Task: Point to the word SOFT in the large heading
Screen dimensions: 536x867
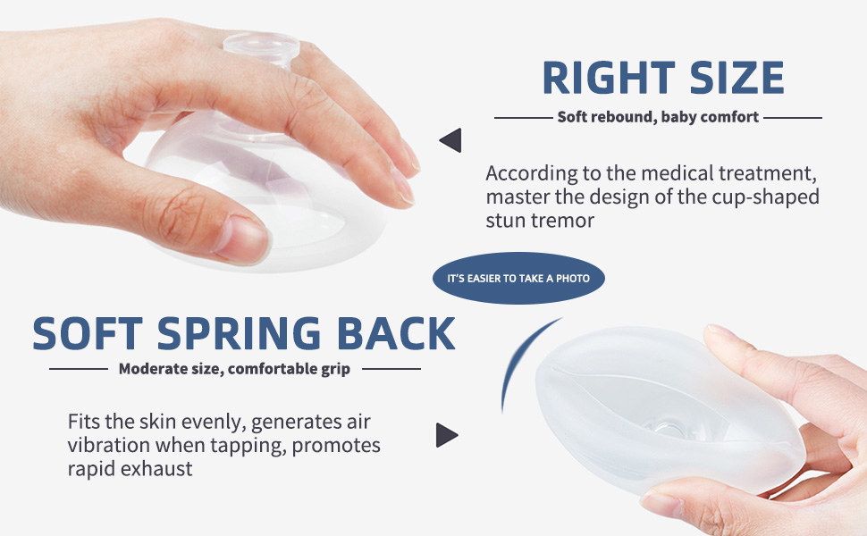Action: pyautogui.click(x=87, y=333)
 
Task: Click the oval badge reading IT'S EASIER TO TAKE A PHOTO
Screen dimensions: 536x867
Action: pyautogui.click(x=518, y=279)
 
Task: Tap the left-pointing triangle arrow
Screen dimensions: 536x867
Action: pyautogui.click(x=450, y=140)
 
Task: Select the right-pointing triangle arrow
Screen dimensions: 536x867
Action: pyautogui.click(x=446, y=435)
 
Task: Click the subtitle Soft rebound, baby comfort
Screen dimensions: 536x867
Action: pyautogui.click(x=658, y=116)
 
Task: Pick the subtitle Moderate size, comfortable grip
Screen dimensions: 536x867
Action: pyautogui.click(x=234, y=368)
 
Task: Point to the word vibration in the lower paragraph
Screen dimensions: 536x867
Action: pyautogui.click(x=110, y=445)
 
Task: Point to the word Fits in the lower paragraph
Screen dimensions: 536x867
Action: pyautogui.click(x=86, y=421)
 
